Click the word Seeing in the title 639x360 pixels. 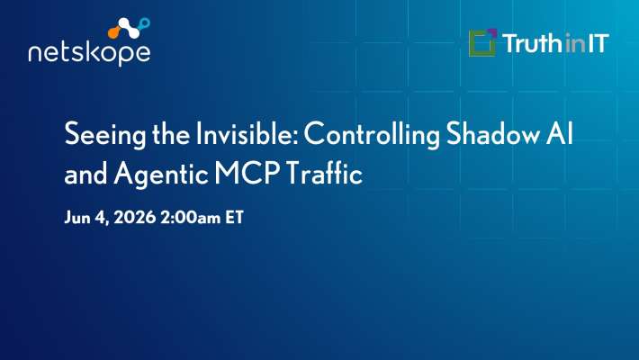[104, 135]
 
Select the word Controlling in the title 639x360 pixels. [372, 135]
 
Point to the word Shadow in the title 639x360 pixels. [492, 133]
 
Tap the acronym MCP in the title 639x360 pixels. [247, 173]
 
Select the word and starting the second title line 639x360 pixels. [85, 173]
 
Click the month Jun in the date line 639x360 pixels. [77, 217]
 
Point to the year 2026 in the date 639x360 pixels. [134, 217]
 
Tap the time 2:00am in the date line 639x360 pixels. [190, 217]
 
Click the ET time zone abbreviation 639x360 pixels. [234, 217]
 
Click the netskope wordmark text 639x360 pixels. [90, 53]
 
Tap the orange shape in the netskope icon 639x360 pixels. [115, 31]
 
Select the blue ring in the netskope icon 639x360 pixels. [144, 23]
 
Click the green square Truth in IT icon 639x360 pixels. [482, 42]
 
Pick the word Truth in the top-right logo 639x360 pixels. [532, 43]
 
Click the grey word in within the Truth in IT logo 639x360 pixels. [575, 43]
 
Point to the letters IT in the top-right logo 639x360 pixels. [598, 43]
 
